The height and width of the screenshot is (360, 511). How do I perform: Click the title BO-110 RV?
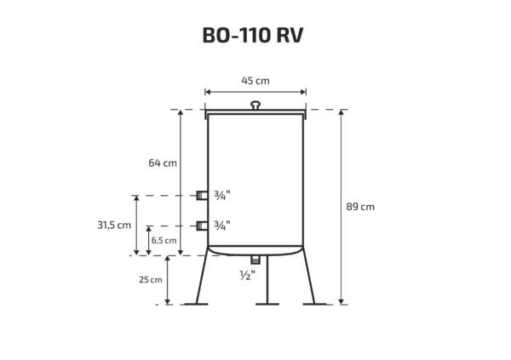253,35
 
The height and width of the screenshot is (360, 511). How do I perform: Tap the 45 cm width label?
255,81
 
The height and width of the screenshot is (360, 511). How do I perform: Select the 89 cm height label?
360,207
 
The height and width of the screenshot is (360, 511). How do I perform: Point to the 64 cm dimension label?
163,163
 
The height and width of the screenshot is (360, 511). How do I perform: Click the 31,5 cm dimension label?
114,226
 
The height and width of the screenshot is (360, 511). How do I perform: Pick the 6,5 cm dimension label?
164,241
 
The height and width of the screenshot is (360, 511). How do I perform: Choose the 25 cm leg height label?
151,279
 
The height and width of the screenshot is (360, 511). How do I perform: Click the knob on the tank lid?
255,106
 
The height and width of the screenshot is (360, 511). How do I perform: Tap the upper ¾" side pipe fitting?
202,196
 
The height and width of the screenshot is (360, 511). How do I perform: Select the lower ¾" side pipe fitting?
202,226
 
